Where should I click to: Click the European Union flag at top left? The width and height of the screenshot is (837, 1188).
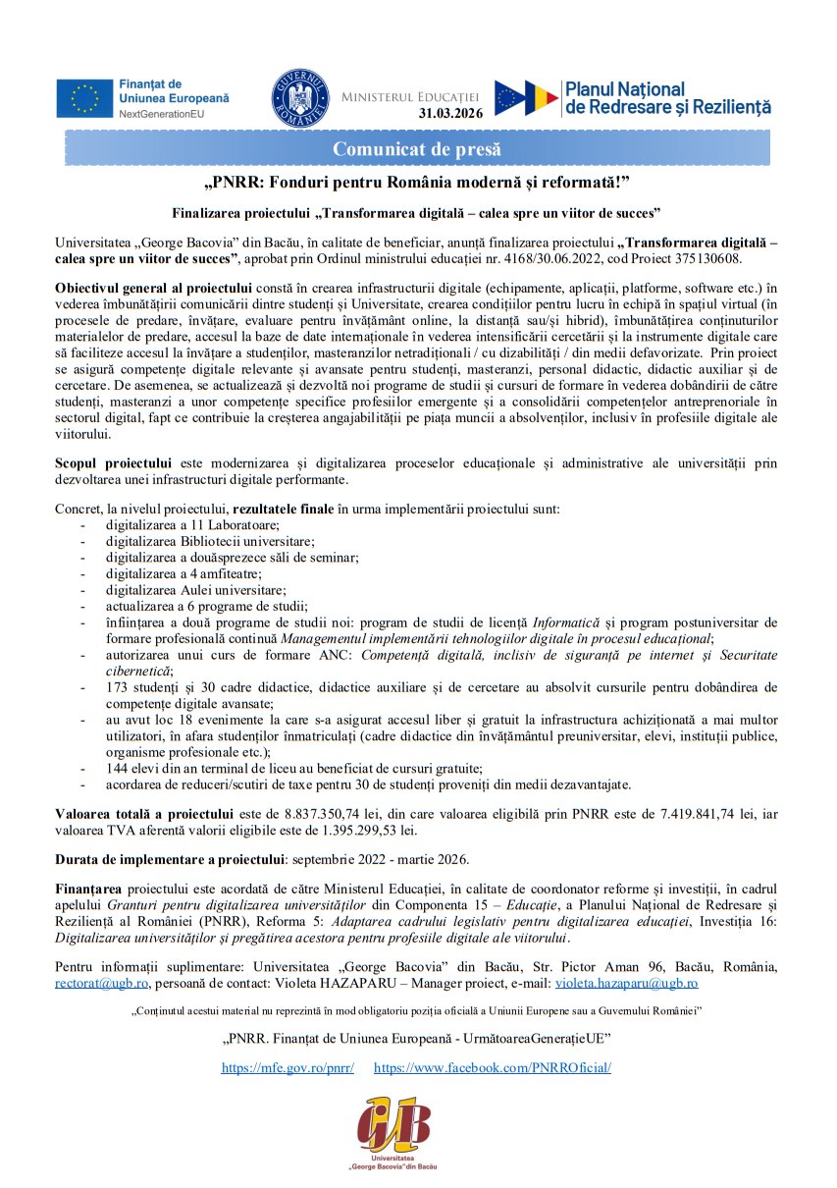85,98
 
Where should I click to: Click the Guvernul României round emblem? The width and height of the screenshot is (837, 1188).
300,98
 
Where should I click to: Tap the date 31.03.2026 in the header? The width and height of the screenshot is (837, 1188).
450,113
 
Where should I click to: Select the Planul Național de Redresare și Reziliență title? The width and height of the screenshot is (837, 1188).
668,98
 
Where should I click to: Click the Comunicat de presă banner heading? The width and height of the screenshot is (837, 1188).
417,149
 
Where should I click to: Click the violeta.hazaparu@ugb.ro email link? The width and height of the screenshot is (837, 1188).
626,982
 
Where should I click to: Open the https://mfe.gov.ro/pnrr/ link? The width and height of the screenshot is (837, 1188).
288,1067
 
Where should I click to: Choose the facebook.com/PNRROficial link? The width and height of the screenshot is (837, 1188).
493,1067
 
